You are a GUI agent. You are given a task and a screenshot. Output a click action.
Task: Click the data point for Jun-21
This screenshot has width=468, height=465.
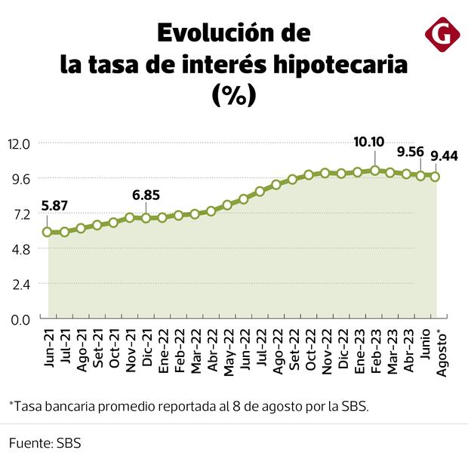pyautogui.click(x=48, y=232)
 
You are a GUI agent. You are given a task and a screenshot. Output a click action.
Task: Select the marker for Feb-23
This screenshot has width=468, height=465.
pyautogui.click(x=375, y=171)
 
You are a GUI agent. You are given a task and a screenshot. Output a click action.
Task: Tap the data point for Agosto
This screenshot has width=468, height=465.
pyautogui.click(x=436, y=177)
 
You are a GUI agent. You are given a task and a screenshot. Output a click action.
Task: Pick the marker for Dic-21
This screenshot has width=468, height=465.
pyautogui.click(x=146, y=217)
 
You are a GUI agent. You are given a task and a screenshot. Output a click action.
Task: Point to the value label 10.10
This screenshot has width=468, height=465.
pyautogui.click(x=370, y=142)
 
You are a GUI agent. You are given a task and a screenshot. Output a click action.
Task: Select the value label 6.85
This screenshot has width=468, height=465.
pyautogui.click(x=146, y=195)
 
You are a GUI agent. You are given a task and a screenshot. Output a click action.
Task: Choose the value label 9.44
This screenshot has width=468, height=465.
pyautogui.click(x=445, y=156)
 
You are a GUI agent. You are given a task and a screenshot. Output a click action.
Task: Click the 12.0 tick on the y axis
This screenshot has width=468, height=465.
pyautogui.click(x=19, y=143)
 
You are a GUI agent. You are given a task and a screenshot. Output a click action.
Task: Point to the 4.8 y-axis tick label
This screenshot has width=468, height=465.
pyautogui.click(x=20, y=249)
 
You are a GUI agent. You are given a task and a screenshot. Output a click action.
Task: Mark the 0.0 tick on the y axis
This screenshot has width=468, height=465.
pyautogui.click(x=20, y=319)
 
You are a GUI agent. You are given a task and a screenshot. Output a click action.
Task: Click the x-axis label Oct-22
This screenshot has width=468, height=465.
pyautogui.click(x=310, y=349)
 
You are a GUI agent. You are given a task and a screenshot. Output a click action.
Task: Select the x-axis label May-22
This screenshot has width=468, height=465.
pyautogui.click(x=229, y=350)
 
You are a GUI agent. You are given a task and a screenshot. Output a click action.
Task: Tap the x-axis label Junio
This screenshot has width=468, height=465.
pyautogui.click(x=425, y=346)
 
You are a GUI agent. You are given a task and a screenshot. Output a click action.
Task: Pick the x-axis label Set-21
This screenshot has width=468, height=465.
pyautogui.click(x=97, y=348)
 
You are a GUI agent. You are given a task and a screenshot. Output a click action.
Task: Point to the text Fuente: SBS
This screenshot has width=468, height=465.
pyautogui.click(x=45, y=443)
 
